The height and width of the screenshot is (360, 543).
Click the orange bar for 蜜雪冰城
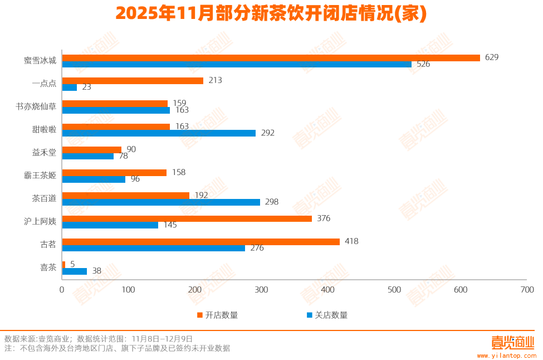tap(271, 57)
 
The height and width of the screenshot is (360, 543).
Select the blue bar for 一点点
tap(70, 87)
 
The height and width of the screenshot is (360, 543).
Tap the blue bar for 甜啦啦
tap(159, 133)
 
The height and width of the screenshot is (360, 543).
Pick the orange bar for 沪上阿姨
tap(187, 218)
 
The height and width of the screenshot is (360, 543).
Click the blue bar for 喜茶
tap(75, 271)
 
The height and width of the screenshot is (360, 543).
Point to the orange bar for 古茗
tap(200, 241)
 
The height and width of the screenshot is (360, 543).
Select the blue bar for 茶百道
tap(161, 202)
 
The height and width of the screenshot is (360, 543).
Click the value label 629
tap(492, 57)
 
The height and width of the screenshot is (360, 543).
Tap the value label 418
tap(351, 241)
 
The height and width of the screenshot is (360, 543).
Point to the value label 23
tap(86, 87)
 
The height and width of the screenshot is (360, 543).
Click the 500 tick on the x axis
tap(394, 290)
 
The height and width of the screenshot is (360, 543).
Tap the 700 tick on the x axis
tap(527, 290)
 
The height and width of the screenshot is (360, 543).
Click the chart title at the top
tap(271, 14)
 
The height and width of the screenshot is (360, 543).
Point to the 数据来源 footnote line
tap(99, 338)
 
